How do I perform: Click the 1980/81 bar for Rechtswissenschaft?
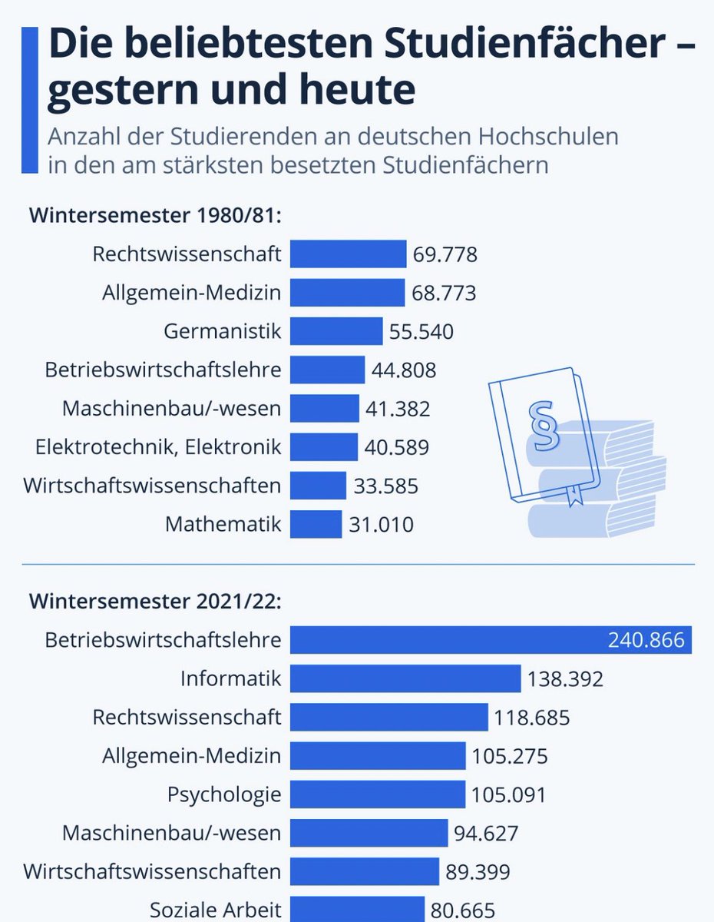(x=348, y=254)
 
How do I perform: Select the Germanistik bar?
(x=336, y=331)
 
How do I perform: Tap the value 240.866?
(x=646, y=640)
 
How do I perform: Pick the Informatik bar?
(x=405, y=678)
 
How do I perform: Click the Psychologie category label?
(x=224, y=794)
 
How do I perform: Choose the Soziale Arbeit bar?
(x=357, y=909)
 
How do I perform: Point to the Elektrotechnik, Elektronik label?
(x=157, y=446)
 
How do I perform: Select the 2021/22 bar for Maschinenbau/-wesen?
(x=369, y=832)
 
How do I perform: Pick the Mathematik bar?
(x=316, y=525)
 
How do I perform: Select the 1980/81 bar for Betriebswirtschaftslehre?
(x=327, y=370)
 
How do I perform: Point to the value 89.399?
(x=478, y=871)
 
